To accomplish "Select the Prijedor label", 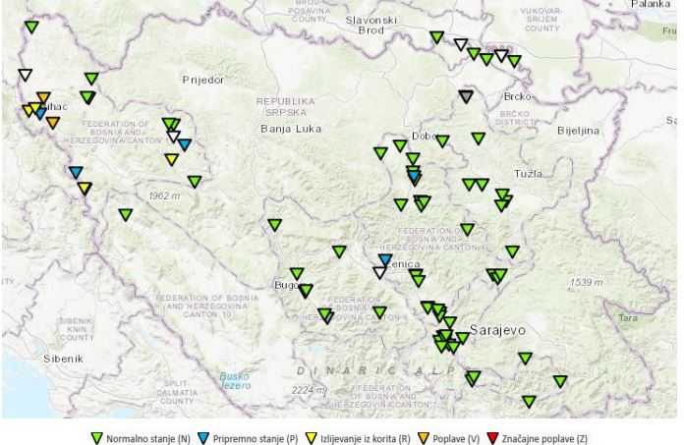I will click(203, 78).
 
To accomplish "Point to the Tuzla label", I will click(530, 174).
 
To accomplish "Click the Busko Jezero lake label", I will click(236, 380).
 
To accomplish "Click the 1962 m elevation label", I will click(164, 196).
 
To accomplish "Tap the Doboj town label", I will click(425, 137).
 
